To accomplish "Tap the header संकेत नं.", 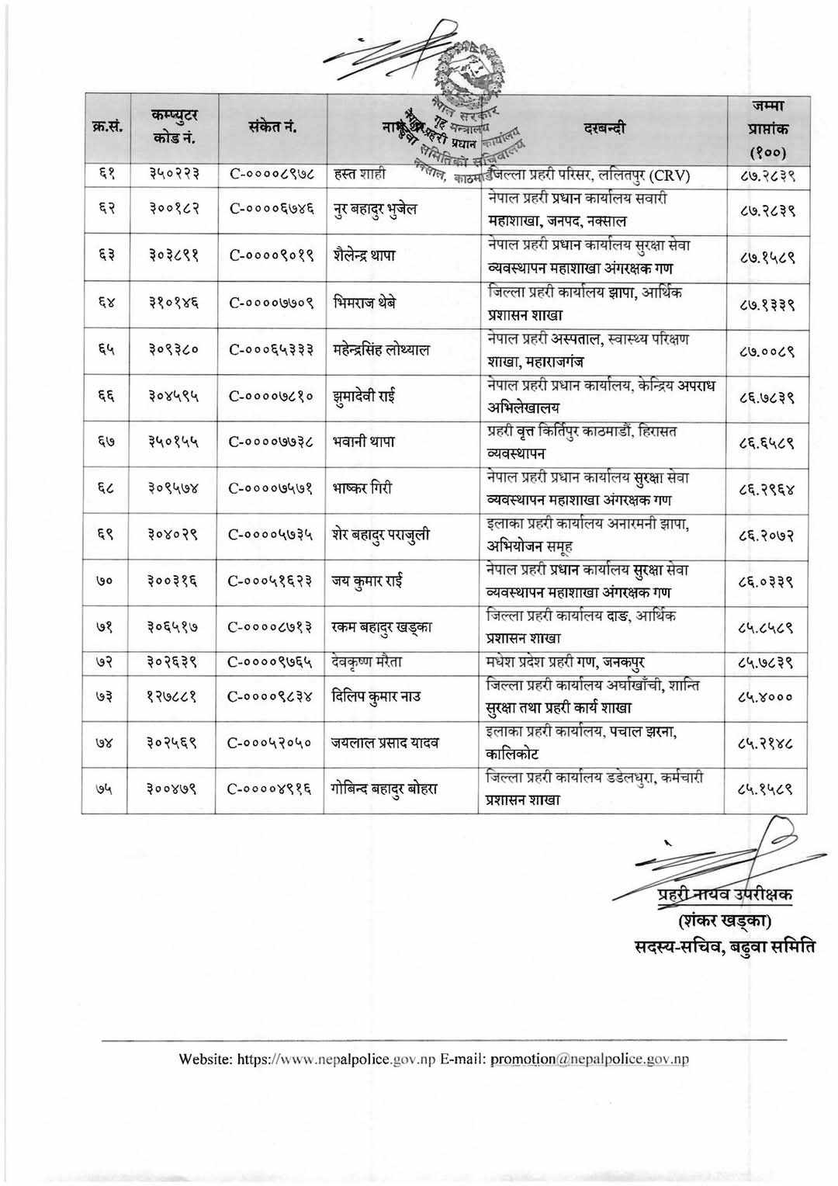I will pos(272,128).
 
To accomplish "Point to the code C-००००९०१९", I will pos(272,257).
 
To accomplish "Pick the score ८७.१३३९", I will pos(766,303).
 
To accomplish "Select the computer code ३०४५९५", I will pos(174,397).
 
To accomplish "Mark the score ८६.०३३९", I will pos(766,581).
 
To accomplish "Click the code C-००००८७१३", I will pos(271,628).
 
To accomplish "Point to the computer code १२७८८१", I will pos(174,697).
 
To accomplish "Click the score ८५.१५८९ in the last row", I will pos(766,789).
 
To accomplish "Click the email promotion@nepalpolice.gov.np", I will pos(590,1059).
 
